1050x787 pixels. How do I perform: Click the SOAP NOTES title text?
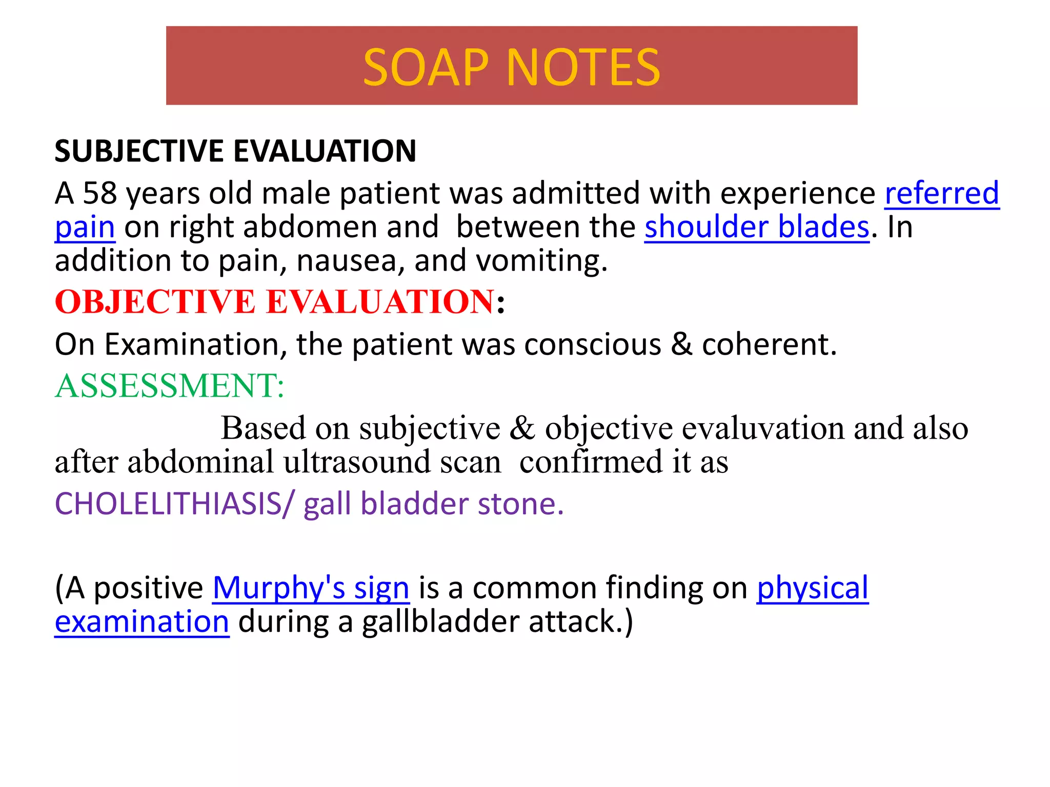pyautogui.click(x=511, y=68)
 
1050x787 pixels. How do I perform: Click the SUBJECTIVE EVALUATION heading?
pyautogui.click(x=235, y=152)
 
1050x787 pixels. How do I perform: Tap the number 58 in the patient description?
pyautogui.click(x=99, y=194)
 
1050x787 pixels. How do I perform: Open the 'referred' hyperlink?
pyautogui.click(x=942, y=194)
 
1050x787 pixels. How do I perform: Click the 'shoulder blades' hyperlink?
pyautogui.click(x=757, y=227)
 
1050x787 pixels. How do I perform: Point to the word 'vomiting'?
pyautogui.click(x=541, y=261)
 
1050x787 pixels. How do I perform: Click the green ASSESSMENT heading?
pyautogui.click(x=169, y=386)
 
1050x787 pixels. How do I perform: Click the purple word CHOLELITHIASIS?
pyautogui.click(x=168, y=504)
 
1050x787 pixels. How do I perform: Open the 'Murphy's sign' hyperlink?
pyautogui.click(x=311, y=588)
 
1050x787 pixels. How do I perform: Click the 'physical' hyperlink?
pyautogui.click(x=813, y=588)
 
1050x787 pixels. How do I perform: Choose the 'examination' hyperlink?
pyautogui.click(x=142, y=622)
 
